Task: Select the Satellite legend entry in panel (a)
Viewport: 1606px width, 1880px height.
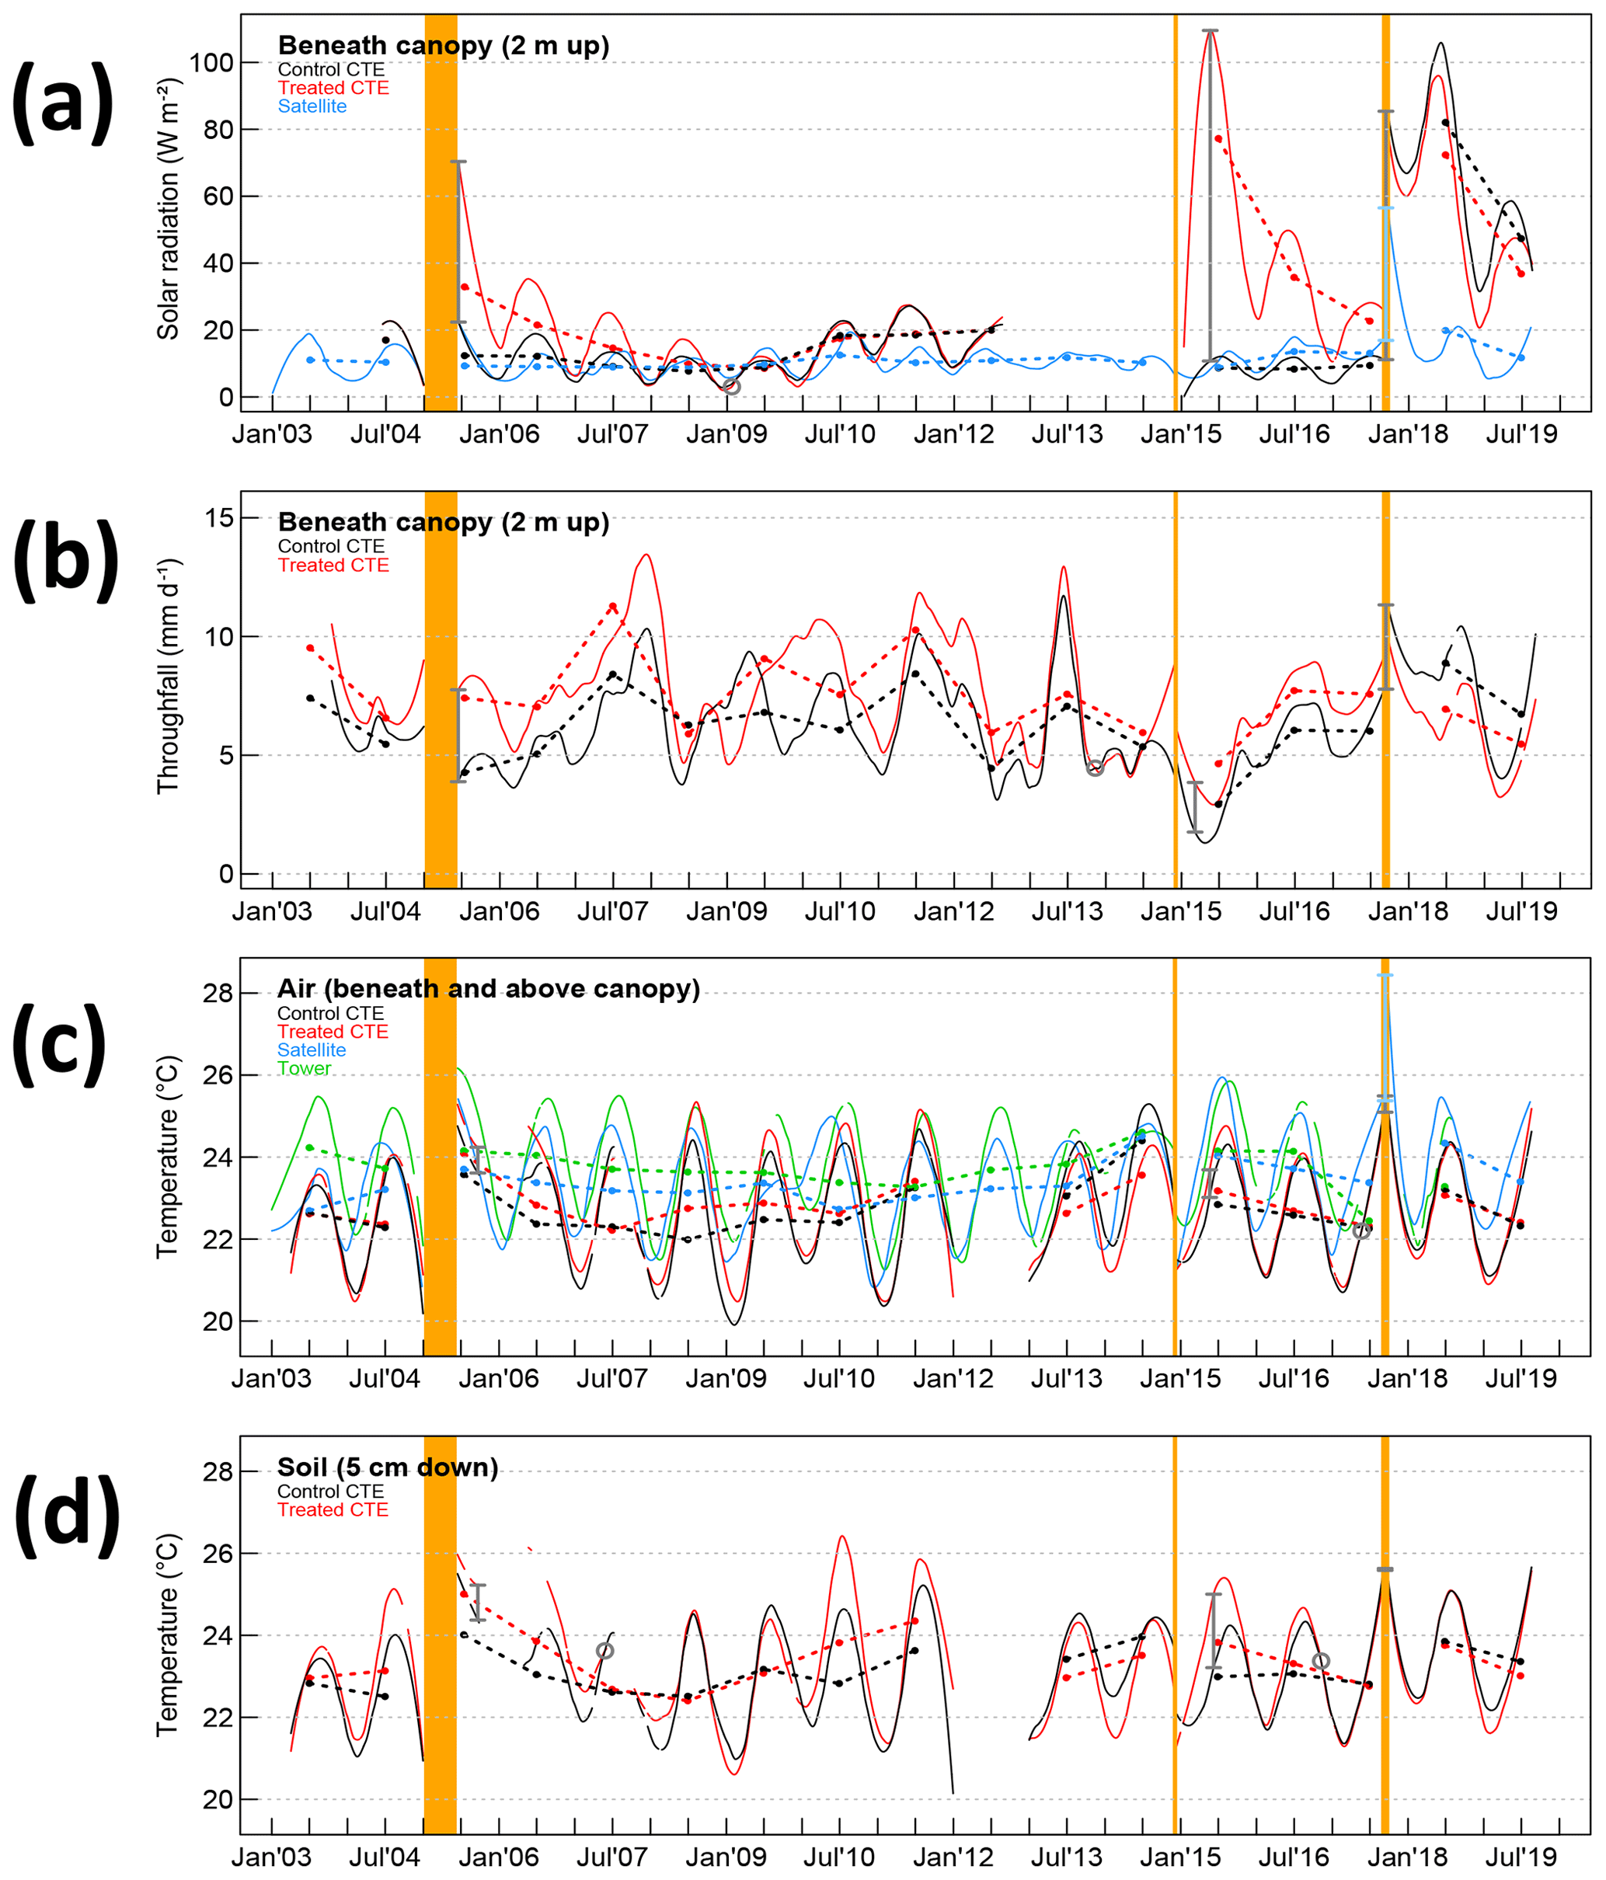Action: tap(312, 106)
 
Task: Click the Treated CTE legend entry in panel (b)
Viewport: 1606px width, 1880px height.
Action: tap(333, 566)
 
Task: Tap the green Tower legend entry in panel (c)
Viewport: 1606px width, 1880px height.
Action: tap(304, 1069)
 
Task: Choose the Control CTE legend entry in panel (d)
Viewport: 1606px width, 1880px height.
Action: tap(330, 1492)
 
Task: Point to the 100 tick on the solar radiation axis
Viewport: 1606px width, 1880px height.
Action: tap(211, 63)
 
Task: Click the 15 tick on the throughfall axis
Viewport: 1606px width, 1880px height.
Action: tap(218, 518)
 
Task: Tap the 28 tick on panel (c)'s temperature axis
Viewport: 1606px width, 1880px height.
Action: tap(218, 994)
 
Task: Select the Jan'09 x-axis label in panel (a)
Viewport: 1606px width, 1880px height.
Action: tap(726, 434)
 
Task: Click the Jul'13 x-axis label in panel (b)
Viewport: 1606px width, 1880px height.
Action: tap(1067, 911)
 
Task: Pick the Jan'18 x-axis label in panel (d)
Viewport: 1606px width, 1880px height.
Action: tap(1407, 1857)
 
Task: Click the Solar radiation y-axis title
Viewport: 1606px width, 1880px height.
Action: tap(168, 210)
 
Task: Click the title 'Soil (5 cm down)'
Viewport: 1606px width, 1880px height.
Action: tap(388, 1467)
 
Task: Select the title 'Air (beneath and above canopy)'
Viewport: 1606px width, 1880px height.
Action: tap(488, 989)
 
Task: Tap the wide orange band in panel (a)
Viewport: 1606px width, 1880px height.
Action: tap(441, 212)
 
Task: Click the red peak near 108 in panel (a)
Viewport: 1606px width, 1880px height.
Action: tap(1210, 33)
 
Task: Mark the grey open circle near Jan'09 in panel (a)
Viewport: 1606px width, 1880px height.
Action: tap(731, 387)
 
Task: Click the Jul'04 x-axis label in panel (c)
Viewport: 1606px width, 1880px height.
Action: tap(385, 1379)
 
